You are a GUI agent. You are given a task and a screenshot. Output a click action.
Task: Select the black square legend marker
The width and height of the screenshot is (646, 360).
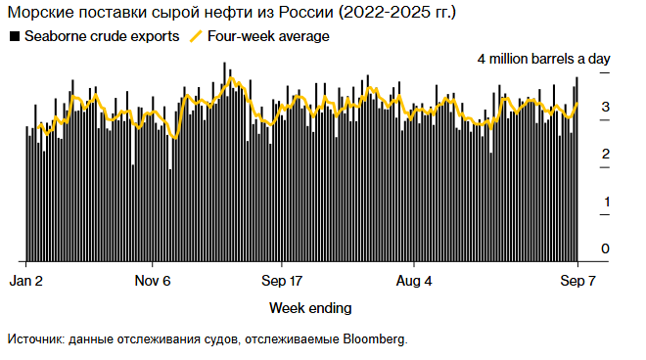[14, 36]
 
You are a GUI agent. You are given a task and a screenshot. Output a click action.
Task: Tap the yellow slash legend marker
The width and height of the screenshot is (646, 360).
[196, 36]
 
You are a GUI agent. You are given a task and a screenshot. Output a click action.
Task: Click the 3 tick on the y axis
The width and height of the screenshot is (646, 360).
[606, 107]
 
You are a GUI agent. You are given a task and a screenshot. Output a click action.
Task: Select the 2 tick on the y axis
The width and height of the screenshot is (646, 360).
[606, 154]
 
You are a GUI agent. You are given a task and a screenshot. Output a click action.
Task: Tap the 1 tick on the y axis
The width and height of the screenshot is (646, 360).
[606, 202]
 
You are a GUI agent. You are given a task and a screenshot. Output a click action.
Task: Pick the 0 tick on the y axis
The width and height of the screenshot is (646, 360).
[606, 248]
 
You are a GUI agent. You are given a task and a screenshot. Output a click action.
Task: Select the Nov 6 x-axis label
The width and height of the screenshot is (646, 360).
[153, 281]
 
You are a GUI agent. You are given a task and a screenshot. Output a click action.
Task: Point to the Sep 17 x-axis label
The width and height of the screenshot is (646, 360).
[282, 281]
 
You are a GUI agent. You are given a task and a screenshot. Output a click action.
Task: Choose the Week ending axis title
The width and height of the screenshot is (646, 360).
[310, 307]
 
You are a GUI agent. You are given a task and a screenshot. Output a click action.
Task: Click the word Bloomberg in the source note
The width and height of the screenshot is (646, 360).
[373, 339]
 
